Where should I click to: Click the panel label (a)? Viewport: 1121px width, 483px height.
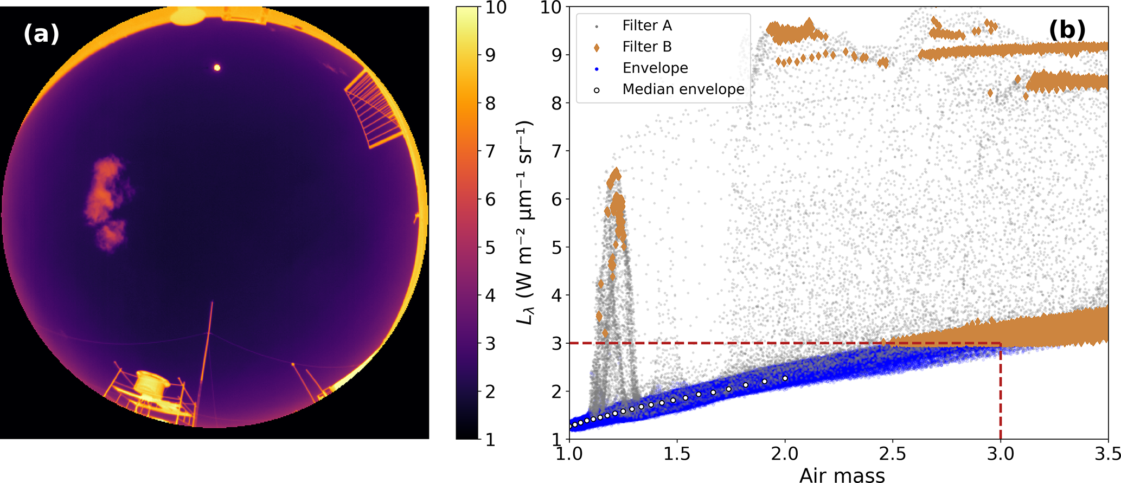[41, 34]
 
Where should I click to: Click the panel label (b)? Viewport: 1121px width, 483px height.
[1067, 30]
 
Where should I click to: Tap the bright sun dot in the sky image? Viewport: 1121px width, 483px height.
[217, 68]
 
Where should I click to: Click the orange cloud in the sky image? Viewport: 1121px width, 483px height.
[106, 201]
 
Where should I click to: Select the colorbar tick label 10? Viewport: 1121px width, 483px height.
[496, 8]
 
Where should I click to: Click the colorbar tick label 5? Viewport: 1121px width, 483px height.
[490, 248]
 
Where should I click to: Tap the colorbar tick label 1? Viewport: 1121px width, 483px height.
[490, 440]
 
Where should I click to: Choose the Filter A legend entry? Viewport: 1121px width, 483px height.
[646, 25]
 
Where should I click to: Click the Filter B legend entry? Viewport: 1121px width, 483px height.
[646, 47]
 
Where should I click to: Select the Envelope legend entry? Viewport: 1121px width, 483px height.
[655, 68]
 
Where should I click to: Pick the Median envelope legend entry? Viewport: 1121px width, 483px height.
[683, 89]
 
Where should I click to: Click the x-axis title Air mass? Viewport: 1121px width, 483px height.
[842, 475]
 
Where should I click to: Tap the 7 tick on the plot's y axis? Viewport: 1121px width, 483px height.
[557, 151]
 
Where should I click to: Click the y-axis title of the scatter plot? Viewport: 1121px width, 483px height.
[524, 222]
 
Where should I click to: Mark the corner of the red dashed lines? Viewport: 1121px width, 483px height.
[1000, 343]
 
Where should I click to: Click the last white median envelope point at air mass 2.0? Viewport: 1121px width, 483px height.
[785, 378]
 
